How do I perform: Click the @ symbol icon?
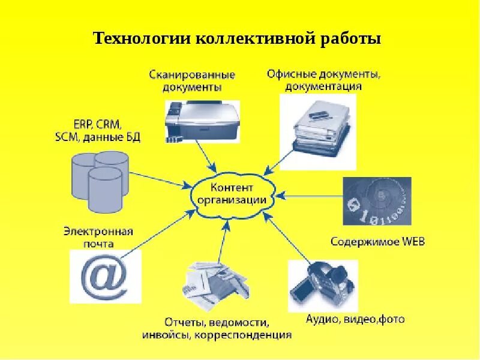pos(106,276)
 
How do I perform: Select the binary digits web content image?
pos(377,201)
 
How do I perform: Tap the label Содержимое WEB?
pos(377,242)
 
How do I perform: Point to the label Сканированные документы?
pos(192,80)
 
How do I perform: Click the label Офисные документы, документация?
pos(323,80)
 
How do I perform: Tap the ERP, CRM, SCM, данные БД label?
pos(97,131)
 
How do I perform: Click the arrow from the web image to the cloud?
pos(309,196)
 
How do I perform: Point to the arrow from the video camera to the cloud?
pos(288,239)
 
